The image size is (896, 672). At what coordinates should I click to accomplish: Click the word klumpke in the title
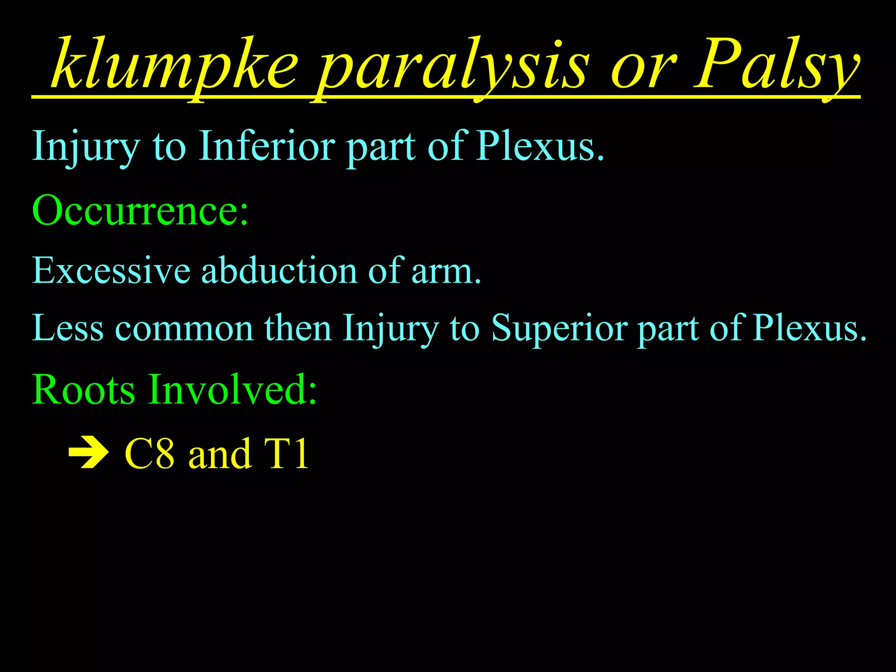[175, 66]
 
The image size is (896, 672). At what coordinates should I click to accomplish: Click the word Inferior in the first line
[267, 147]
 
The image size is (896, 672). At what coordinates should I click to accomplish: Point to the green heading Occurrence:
[140, 210]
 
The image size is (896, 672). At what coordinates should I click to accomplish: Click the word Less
[68, 328]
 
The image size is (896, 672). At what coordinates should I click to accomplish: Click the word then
[297, 328]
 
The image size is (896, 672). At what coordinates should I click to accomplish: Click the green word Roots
[83, 389]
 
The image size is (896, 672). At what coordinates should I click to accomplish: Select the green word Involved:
[232, 389]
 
